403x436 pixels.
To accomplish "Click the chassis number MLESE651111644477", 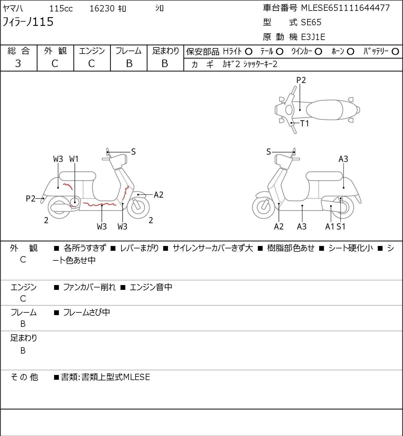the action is tap(345, 8).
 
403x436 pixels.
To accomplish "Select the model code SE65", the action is tap(311, 22).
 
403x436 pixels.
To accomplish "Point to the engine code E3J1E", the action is tap(313, 37).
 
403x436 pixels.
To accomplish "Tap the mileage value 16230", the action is tap(102, 8).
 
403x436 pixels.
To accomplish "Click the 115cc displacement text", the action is tap(61, 8).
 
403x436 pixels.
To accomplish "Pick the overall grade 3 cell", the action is tap(18, 63).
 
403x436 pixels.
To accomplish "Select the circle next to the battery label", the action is tap(395, 52).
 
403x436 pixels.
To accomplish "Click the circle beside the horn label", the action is tap(350, 52).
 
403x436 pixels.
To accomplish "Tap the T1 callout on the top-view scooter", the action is tap(304, 123).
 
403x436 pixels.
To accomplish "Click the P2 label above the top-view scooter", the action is tap(301, 80).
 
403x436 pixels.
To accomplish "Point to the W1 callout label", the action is tap(74, 159).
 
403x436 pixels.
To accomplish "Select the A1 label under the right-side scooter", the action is tap(330, 226).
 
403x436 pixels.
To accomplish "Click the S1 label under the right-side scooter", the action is tap(341, 226).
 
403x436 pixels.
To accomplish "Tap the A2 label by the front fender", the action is tap(158, 195).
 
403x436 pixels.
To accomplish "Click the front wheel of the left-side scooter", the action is tap(138, 207).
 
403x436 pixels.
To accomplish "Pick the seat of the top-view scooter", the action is tap(324, 110).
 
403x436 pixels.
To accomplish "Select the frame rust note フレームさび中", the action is tap(87, 312).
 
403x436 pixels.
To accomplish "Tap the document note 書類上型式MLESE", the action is tap(116, 377).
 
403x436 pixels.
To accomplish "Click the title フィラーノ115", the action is tap(28, 22).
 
